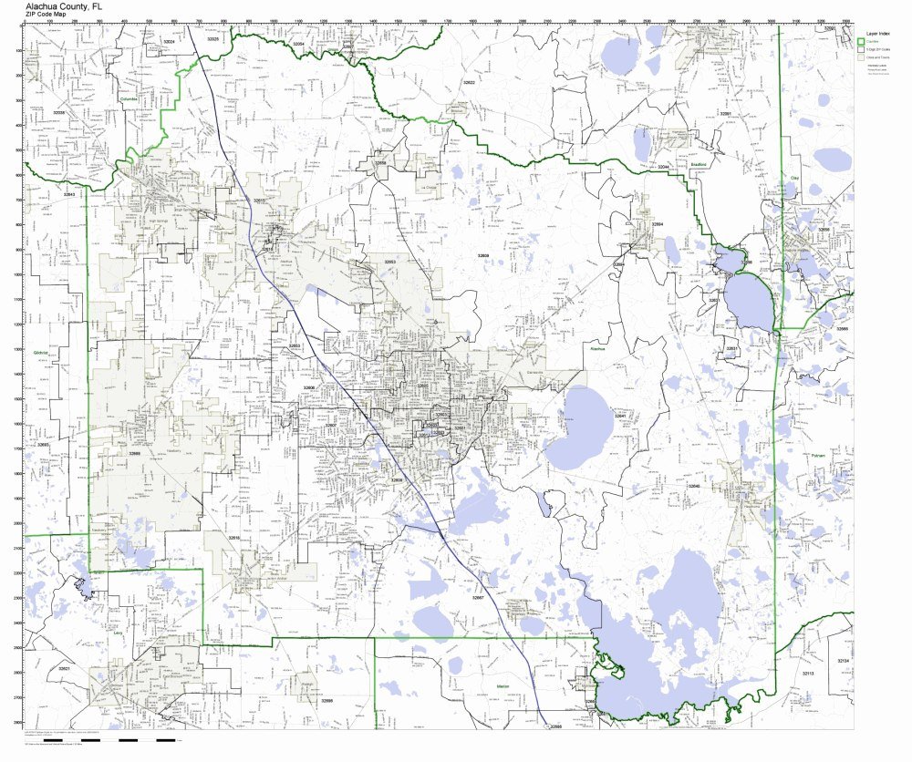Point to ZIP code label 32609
click(x=482, y=255)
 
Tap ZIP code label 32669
click(x=134, y=452)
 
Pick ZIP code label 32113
click(x=807, y=673)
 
